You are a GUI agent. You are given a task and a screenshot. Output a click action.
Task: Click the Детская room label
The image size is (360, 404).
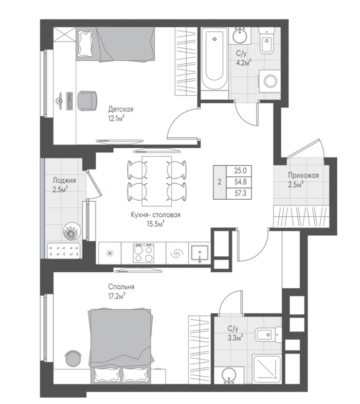120,109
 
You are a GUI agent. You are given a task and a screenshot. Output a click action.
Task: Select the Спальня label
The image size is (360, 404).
121,287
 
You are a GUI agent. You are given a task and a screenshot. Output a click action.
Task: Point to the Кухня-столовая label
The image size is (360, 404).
155,215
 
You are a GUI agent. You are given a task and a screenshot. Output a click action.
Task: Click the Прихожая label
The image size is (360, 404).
303,175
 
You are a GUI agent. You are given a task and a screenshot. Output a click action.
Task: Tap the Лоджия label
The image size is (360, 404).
64,180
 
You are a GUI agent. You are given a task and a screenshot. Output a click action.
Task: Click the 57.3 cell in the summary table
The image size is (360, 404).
240,193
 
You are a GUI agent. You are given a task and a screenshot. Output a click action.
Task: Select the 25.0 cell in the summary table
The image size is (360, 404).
240,170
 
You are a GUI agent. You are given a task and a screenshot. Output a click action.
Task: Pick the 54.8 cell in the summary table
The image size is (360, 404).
240,182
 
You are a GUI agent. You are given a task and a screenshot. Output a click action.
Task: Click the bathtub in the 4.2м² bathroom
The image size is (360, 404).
214,59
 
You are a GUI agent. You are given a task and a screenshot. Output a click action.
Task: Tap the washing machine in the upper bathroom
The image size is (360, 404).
269,81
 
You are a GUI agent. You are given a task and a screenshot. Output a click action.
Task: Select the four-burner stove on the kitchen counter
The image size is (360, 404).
143,253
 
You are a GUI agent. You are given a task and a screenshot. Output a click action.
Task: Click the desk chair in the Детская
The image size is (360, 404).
88,101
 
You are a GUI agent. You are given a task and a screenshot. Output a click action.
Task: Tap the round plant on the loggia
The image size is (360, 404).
71,231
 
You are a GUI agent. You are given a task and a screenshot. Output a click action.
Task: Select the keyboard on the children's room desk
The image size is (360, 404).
69,101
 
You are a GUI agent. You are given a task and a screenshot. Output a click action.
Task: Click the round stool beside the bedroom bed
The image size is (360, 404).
74,358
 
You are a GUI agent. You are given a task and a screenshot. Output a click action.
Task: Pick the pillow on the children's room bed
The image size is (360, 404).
85,43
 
